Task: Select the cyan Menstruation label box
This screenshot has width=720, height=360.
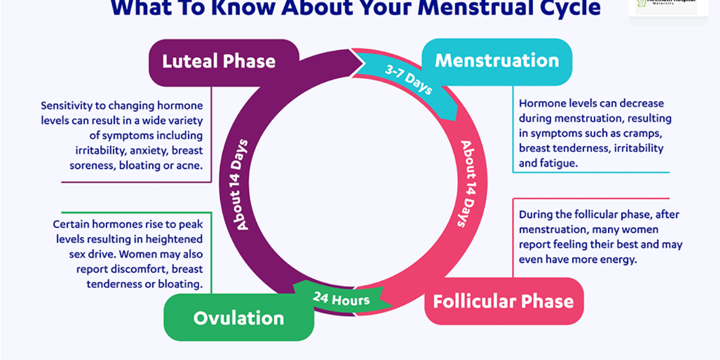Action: click(497, 61)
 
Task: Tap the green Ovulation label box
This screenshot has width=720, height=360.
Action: click(238, 318)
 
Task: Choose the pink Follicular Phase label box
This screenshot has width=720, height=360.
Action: click(503, 301)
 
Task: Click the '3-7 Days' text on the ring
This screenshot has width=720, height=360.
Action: click(408, 80)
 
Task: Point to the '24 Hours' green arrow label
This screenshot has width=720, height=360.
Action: click(342, 299)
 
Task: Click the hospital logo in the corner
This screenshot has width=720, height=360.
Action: click(667, 6)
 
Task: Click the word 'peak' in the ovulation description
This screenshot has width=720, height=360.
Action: click(190, 224)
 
